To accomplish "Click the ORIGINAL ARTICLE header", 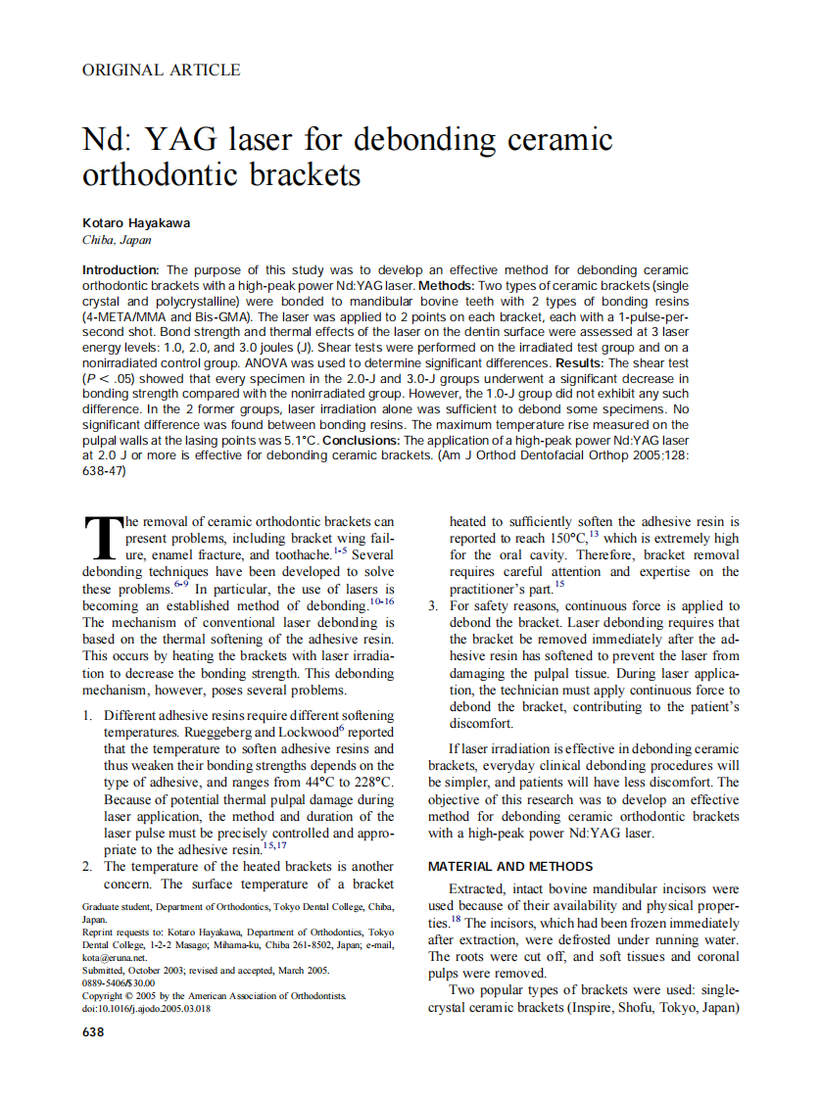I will (x=161, y=70).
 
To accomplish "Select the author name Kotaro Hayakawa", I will (x=136, y=222).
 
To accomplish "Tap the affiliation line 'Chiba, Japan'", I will (x=117, y=240).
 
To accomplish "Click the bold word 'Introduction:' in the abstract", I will (x=121, y=269).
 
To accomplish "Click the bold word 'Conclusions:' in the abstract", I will (x=362, y=441).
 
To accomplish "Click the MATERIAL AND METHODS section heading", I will (x=510, y=867).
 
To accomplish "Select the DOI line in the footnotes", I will (x=146, y=1008).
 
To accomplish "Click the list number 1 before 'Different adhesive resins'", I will (x=86, y=715).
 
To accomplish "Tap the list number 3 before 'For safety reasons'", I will (x=432, y=606).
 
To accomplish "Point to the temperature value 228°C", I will (x=372, y=782).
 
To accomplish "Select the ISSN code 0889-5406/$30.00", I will (x=119, y=982).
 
